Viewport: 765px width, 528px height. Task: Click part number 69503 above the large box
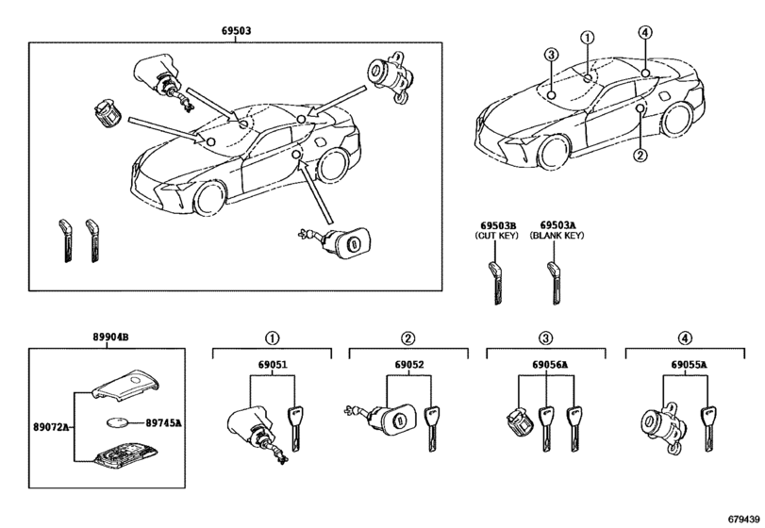pyautogui.click(x=236, y=31)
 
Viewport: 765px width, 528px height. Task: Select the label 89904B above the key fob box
pyautogui.click(x=110, y=337)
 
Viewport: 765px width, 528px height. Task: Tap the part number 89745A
pyautogui.click(x=163, y=423)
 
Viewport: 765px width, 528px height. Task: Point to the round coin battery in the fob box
pyautogui.click(x=118, y=422)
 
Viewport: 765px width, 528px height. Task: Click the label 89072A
pyautogui.click(x=51, y=427)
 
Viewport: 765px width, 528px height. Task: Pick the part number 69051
pyautogui.click(x=273, y=365)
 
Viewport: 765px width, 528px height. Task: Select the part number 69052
pyautogui.click(x=409, y=365)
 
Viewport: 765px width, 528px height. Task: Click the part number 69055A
pyautogui.click(x=689, y=365)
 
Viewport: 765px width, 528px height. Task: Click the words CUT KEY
pyautogui.click(x=496, y=236)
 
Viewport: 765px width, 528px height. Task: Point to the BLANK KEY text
pyautogui.click(x=557, y=236)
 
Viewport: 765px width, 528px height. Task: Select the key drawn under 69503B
pyautogui.click(x=495, y=283)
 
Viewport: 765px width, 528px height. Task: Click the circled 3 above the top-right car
pyautogui.click(x=551, y=55)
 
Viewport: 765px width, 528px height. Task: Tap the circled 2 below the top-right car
pyautogui.click(x=640, y=155)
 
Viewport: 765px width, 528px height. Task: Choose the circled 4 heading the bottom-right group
pyautogui.click(x=685, y=338)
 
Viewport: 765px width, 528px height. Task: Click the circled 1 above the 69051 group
pyautogui.click(x=273, y=338)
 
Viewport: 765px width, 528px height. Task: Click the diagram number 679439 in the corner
pyautogui.click(x=744, y=519)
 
